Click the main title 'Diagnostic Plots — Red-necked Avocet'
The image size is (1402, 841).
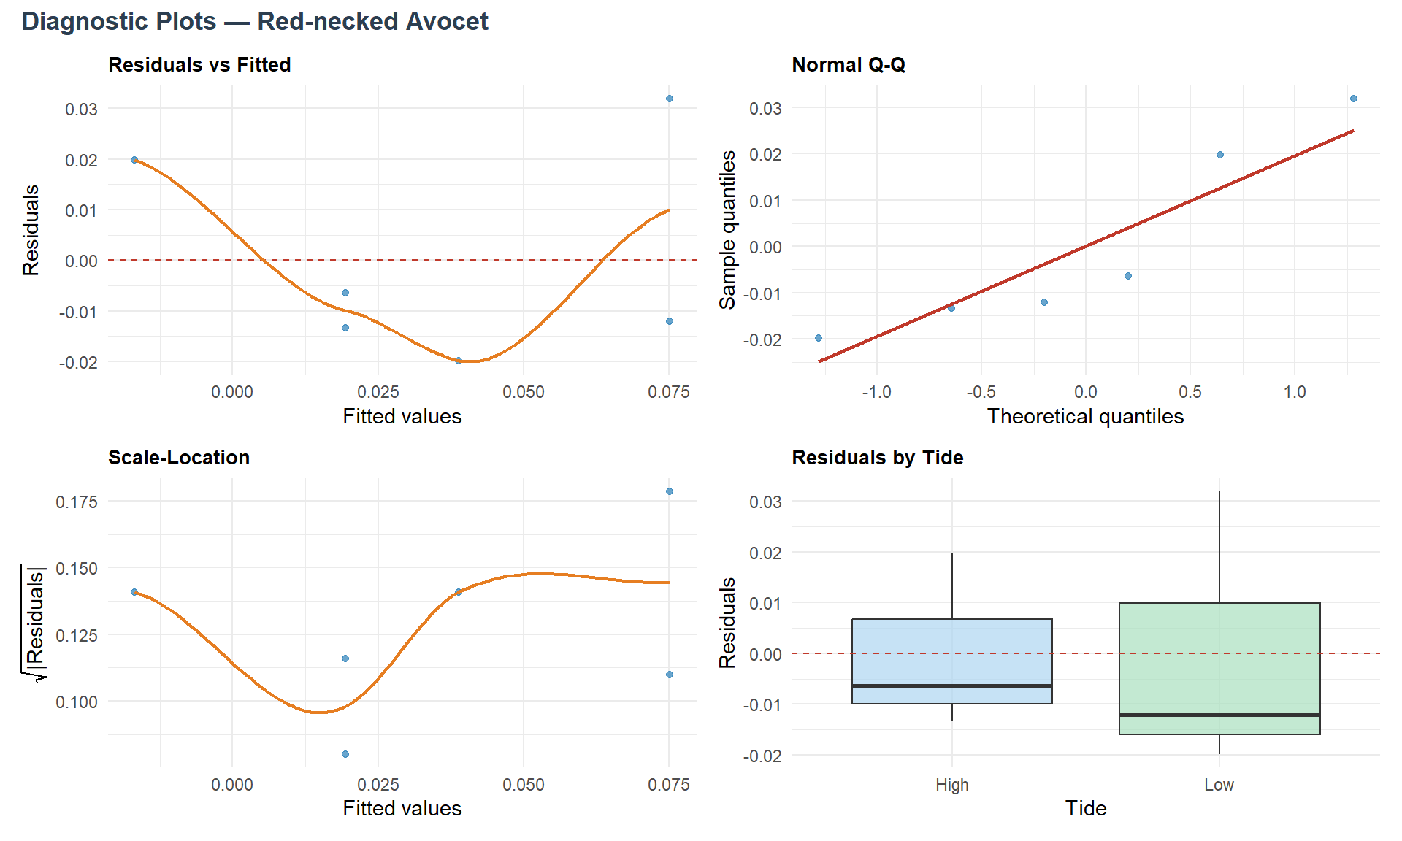255,21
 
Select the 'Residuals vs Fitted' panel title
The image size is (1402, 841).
199,65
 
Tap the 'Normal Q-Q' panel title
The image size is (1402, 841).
849,65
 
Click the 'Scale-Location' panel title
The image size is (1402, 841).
179,458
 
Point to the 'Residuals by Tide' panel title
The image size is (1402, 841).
877,458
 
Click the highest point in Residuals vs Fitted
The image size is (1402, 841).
670,99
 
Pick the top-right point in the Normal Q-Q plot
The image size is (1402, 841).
1354,99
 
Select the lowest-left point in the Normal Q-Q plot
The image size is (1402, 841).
819,338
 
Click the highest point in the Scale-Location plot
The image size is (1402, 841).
670,491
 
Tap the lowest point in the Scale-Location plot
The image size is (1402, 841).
345,754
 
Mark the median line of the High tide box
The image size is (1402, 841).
952,686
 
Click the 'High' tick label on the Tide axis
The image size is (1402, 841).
952,785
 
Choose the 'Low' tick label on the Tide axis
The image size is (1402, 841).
1219,785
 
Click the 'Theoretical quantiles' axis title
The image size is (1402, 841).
1085,416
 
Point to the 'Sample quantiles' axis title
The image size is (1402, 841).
728,230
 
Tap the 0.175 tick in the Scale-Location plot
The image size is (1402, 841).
77,502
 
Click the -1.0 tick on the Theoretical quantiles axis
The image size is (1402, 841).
876,392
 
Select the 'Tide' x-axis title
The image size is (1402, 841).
1086,808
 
